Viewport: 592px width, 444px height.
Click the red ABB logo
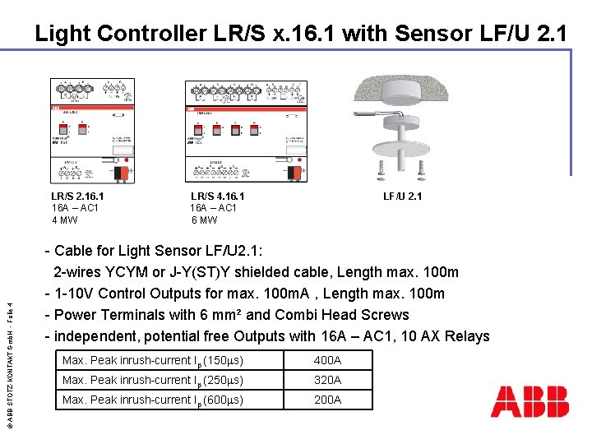(530, 400)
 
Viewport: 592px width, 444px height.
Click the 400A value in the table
(327, 360)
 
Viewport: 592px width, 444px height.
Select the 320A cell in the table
(327, 380)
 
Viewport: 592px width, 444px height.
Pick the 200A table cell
(327, 400)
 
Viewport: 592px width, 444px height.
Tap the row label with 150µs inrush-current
(153, 360)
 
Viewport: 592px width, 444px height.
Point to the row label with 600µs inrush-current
(153, 400)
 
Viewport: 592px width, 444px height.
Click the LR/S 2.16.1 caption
(77, 196)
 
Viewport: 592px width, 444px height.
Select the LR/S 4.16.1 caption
(217, 196)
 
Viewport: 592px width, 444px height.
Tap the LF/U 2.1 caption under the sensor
(402, 196)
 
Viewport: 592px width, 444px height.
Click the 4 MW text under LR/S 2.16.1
(64, 220)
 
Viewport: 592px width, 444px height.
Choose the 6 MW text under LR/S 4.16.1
(204, 220)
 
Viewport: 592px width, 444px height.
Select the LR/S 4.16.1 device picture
(246, 130)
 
